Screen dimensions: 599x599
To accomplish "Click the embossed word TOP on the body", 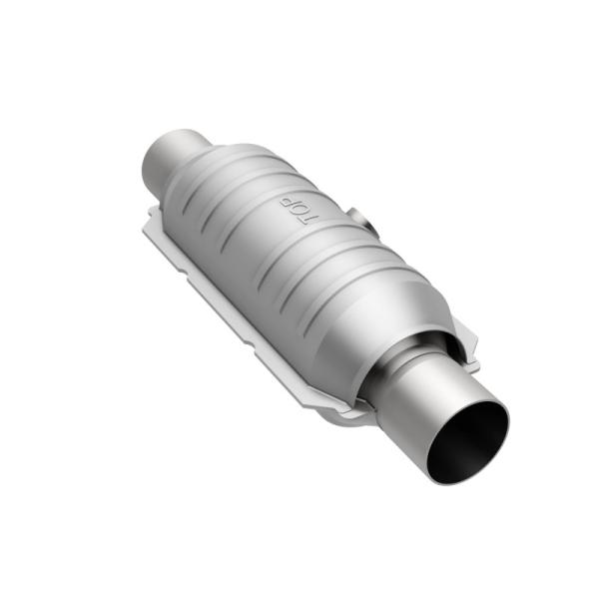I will (296, 211).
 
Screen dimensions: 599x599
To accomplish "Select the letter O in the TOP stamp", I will (296, 211).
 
